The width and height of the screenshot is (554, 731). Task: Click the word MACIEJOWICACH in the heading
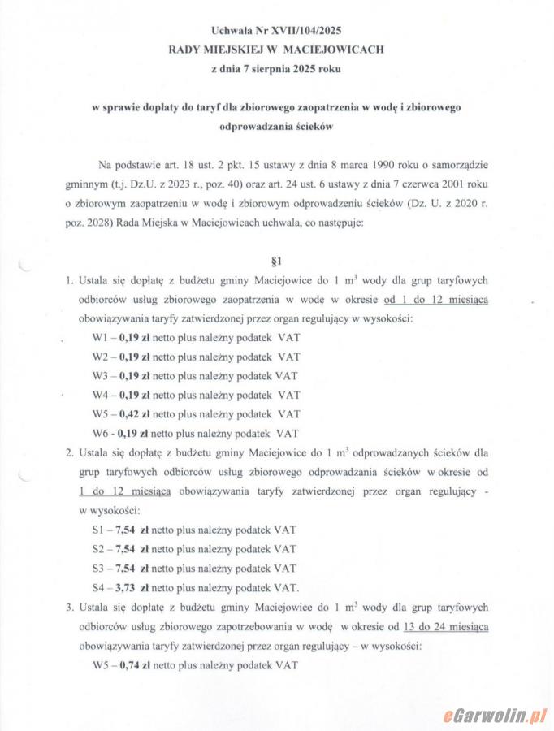pyautogui.click(x=333, y=50)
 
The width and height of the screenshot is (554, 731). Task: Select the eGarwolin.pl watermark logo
pyautogui.click(x=495, y=715)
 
